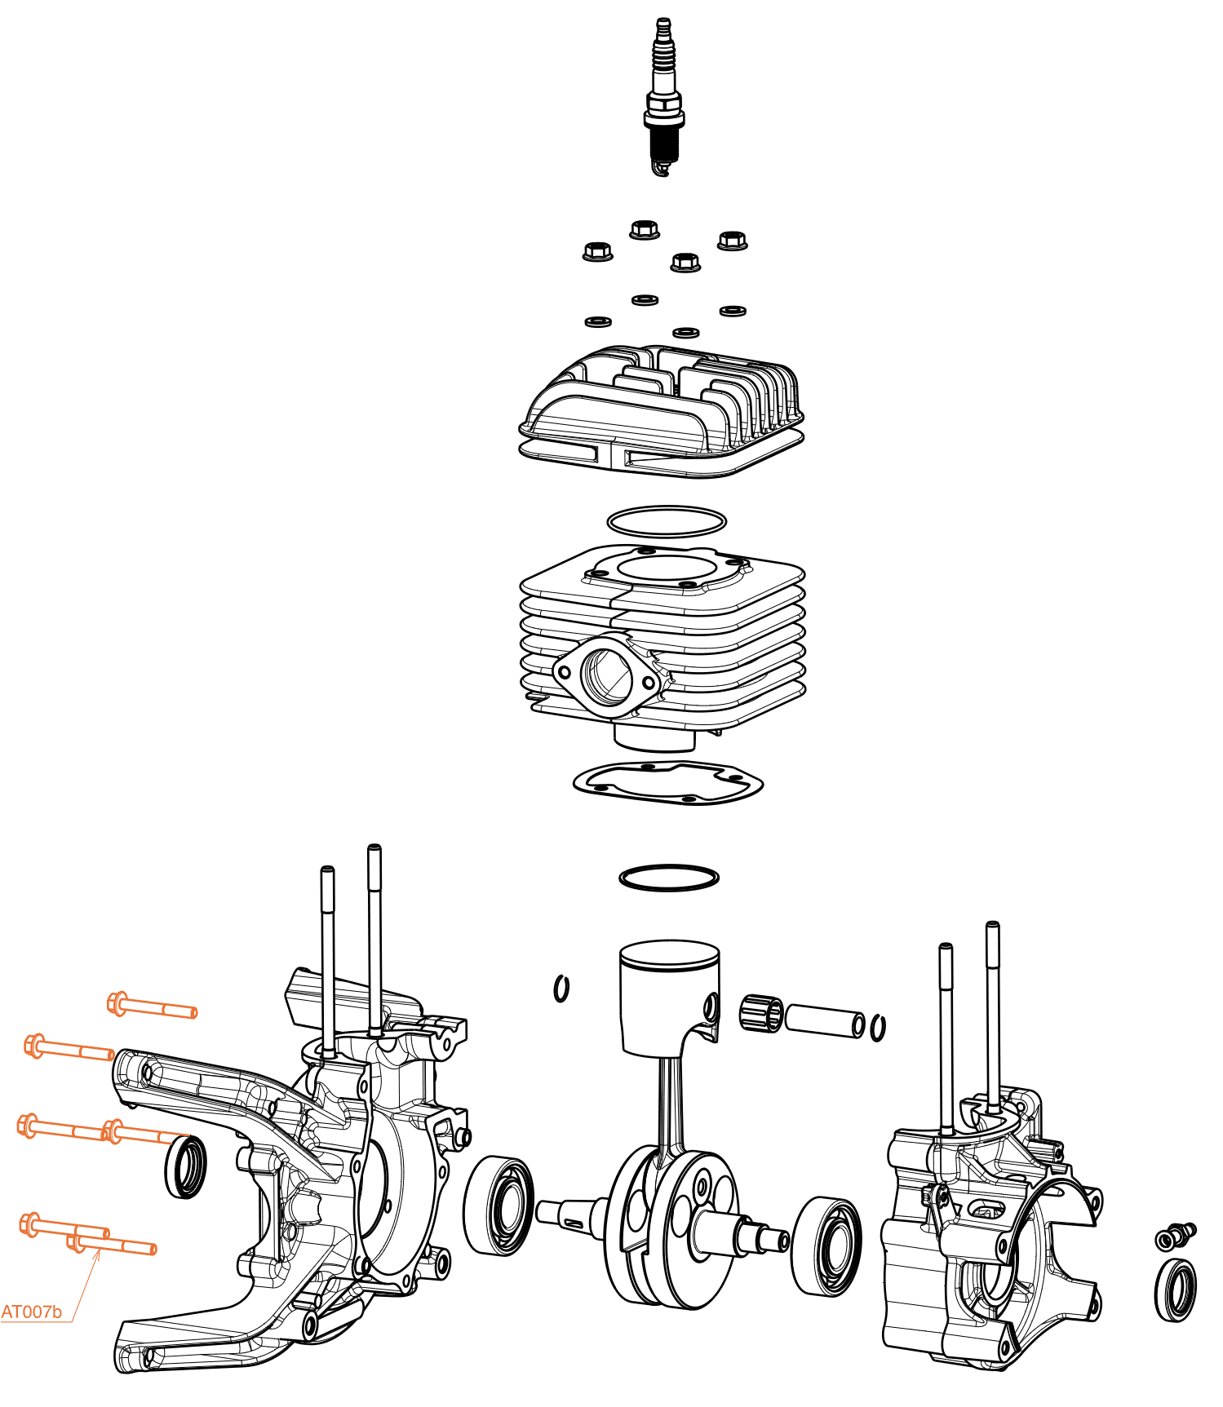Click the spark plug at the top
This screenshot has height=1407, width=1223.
[x=663, y=98]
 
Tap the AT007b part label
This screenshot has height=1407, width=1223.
[x=31, y=1312]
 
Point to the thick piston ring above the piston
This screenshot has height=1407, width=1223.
[x=669, y=878]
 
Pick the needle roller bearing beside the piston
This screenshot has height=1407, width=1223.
[x=760, y=1013]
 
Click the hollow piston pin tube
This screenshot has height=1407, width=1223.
[x=824, y=1020]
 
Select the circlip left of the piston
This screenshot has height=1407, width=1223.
[x=561, y=989]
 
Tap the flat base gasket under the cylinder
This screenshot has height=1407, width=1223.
[x=667, y=783]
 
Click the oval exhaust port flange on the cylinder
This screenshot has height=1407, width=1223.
[x=606, y=675]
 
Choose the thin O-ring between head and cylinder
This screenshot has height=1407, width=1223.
[x=667, y=520]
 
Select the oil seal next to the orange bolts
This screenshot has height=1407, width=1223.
[x=187, y=1168]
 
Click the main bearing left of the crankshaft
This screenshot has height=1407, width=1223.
[x=499, y=1205]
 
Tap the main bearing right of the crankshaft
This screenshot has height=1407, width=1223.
[x=826, y=1246]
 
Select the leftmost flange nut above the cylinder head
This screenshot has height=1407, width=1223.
[x=597, y=251]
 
